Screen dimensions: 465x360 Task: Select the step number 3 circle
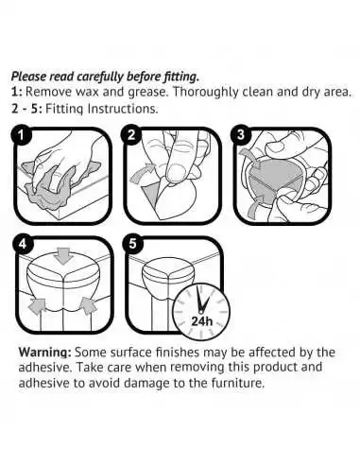click(243, 136)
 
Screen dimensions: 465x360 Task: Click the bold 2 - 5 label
click(26, 108)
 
